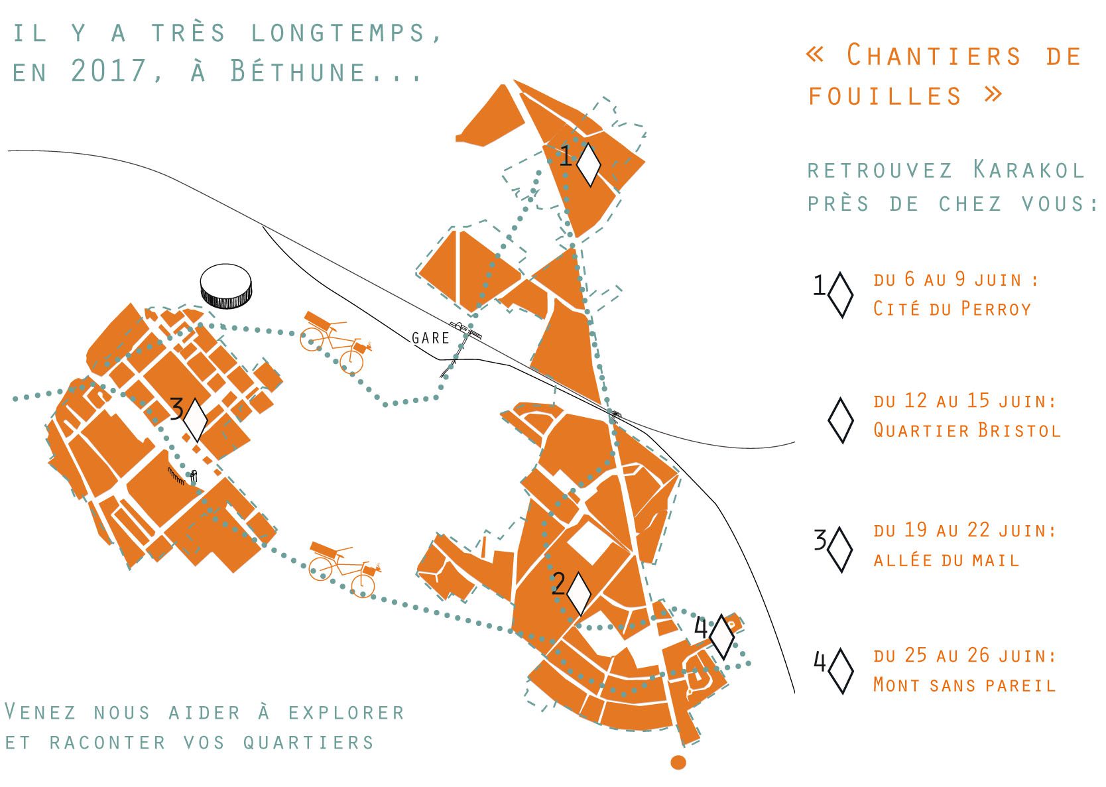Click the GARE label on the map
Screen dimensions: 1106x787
[430, 338]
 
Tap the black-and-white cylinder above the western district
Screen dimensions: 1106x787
[226, 286]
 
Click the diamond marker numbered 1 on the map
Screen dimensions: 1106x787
[589, 165]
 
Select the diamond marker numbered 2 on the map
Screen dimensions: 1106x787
[579, 594]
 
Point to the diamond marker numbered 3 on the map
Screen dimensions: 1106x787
[196, 420]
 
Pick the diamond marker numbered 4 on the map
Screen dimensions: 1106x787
[722, 637]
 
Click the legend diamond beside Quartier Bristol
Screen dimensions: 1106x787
[840, 420]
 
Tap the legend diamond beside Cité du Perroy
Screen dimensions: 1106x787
[840, 295]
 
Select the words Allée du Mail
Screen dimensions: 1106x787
[946, 560]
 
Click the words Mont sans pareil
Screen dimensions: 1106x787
[964, 686]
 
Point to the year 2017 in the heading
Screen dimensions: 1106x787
[109, 70]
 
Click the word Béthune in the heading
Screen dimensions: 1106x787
[298, 70]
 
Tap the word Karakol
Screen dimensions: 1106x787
[1029, 170]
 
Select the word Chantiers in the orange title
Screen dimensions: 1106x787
[934, 55]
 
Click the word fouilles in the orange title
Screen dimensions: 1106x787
[885, 95]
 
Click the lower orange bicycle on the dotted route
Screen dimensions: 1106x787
[344, 569]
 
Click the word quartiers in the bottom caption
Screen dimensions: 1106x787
[308, 743]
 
